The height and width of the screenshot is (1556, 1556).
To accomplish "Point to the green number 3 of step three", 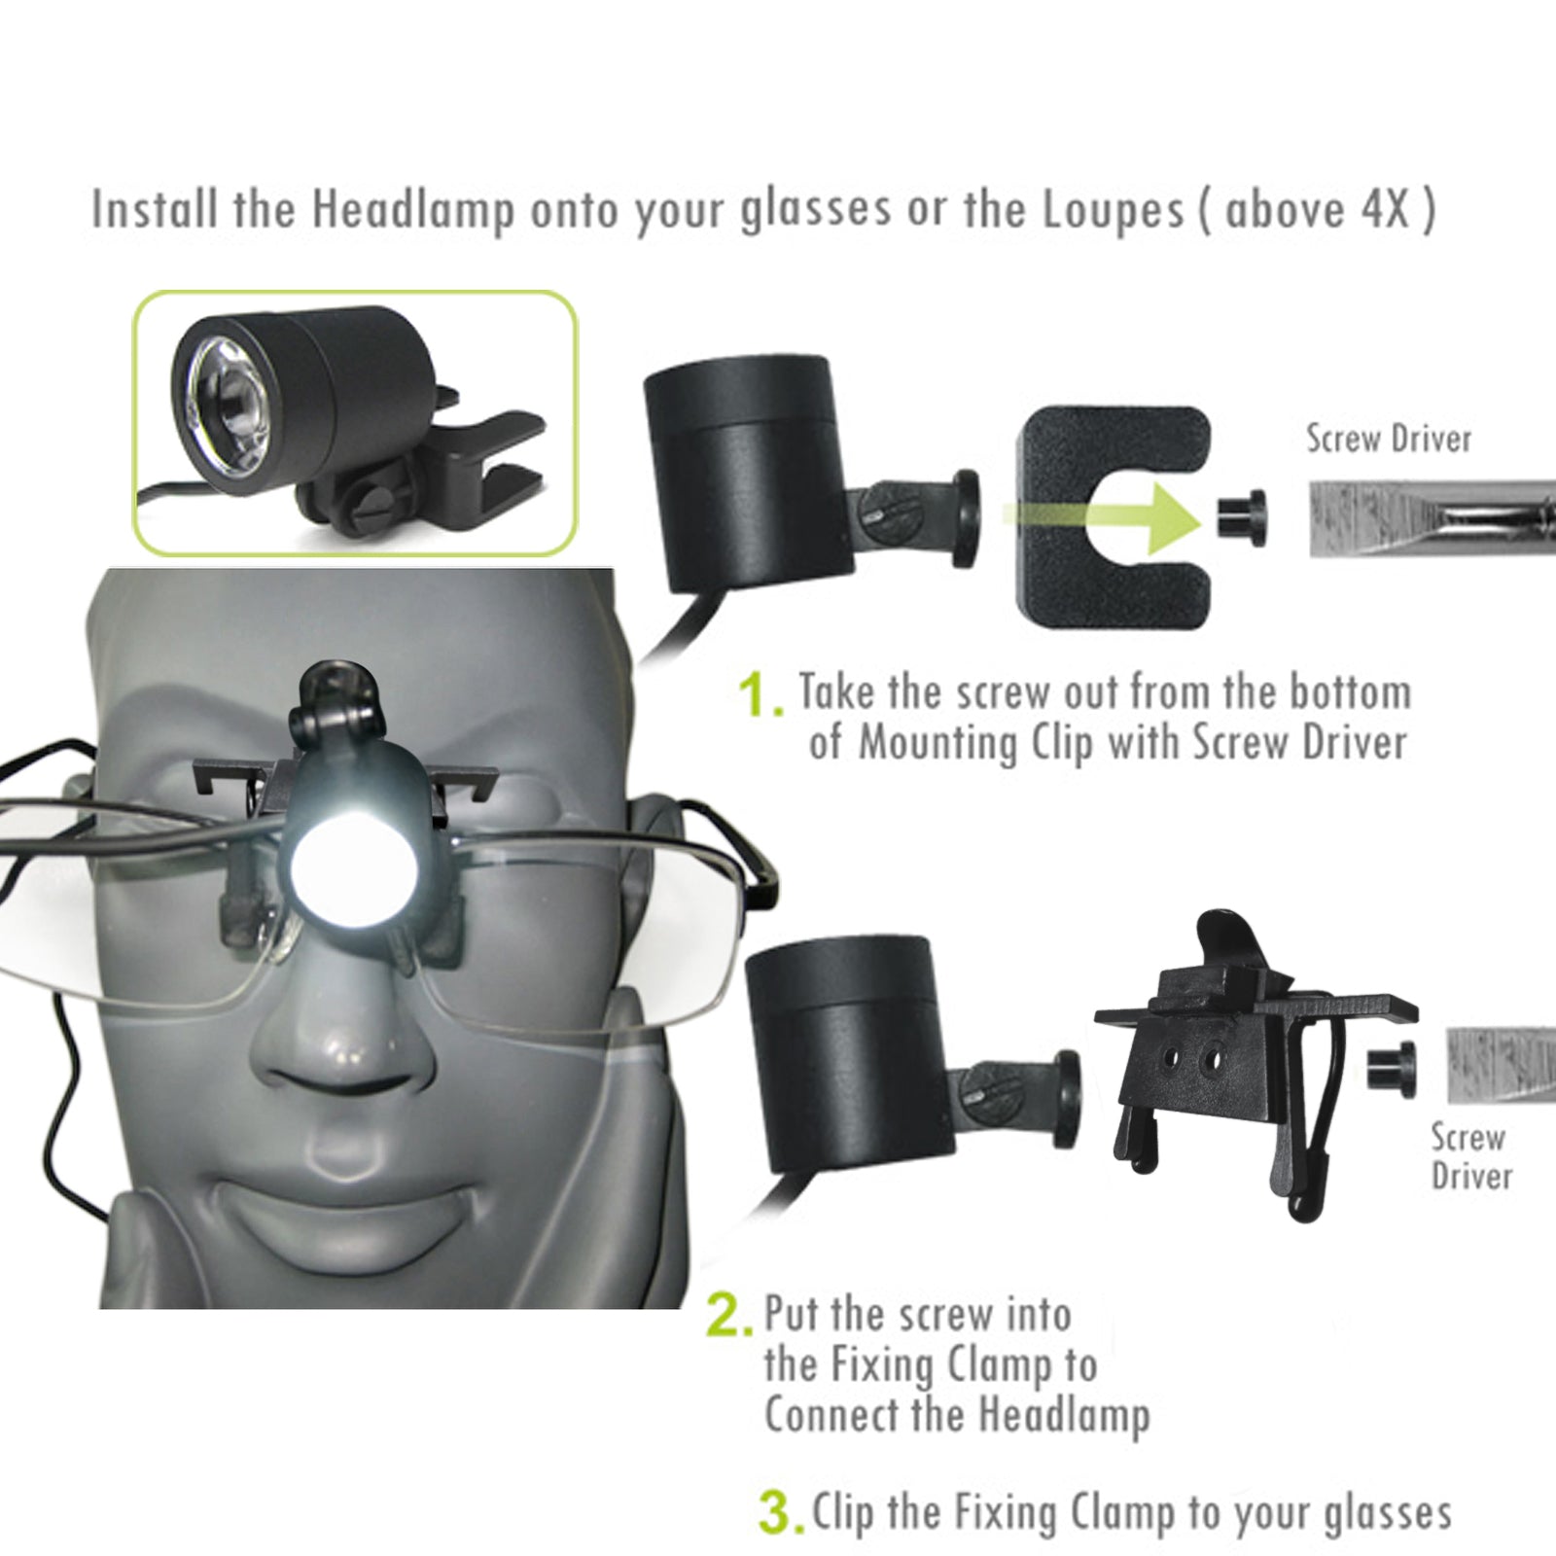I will coord(780,1514).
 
